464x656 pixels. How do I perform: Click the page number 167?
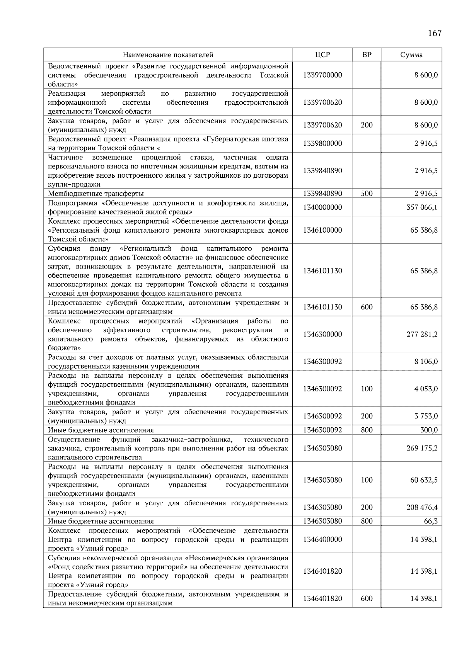coord(435,33)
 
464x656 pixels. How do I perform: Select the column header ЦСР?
coord(322,55)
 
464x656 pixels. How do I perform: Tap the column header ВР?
coord(367,55)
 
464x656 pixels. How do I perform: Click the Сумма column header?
coord(411,55)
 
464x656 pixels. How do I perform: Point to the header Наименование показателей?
coord(168,55)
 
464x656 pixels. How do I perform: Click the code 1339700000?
coord(322,75)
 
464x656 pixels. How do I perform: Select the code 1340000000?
coord(322,207)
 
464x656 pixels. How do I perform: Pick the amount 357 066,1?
coord(422,207)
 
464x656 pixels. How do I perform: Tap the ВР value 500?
coord(367,194)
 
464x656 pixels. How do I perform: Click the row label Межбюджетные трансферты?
coord(96,194)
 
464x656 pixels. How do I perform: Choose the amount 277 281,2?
coord(422,335)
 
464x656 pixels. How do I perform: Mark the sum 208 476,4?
coord(422,507)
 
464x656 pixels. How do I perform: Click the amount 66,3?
coord(431,521)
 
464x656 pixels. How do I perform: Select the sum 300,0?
coord(429,430)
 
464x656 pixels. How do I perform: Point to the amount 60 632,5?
coord(424,480)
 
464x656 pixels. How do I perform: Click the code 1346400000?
coord(322,539)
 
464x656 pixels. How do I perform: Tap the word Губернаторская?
coord(234,139)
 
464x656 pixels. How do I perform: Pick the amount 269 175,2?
coord(422,449)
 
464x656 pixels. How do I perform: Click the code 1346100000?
coord(322,230)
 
